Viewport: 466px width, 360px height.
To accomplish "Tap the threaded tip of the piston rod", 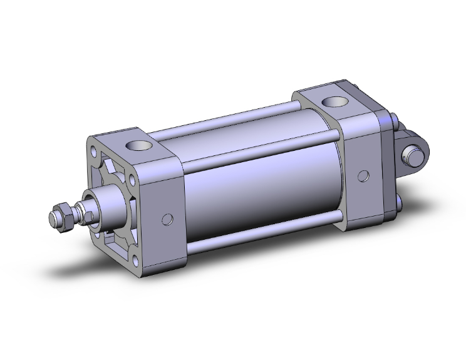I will (53, 220).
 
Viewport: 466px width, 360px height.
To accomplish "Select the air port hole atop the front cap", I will (138, 147).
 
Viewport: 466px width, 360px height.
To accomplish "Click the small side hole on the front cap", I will (167, 219).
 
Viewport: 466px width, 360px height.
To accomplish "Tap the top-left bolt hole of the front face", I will (95, 152).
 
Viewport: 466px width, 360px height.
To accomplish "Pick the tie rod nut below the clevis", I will (399, 202).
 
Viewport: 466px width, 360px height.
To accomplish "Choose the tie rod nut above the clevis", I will (393, 119).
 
